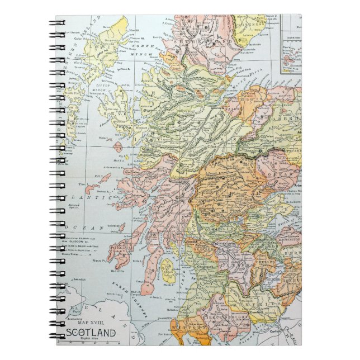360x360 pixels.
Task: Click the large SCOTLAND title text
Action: pos(92,333)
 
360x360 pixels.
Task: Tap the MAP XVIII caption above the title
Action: pos(92,323)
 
